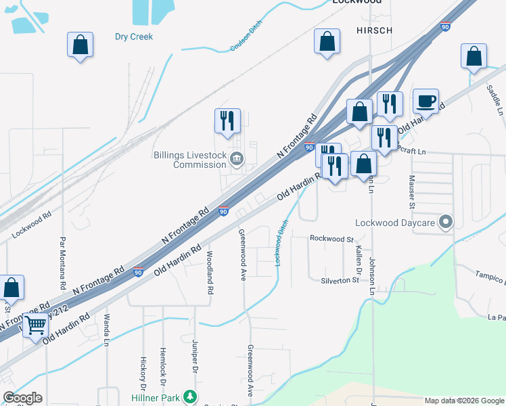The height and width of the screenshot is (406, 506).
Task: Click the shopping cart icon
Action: point(35,325)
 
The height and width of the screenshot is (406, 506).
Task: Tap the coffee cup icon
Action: point(425,101)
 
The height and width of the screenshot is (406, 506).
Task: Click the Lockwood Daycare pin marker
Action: point(446,222)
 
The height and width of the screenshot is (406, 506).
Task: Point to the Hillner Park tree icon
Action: point(191,397)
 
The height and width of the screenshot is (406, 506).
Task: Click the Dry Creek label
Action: point(134,37)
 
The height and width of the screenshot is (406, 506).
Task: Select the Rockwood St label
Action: point(331,239)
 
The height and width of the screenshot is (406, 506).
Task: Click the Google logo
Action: point(22,398)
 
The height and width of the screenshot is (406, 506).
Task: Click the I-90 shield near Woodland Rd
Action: point(137,272)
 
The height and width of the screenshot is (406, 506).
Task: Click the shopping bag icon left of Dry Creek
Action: point(80,45)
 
